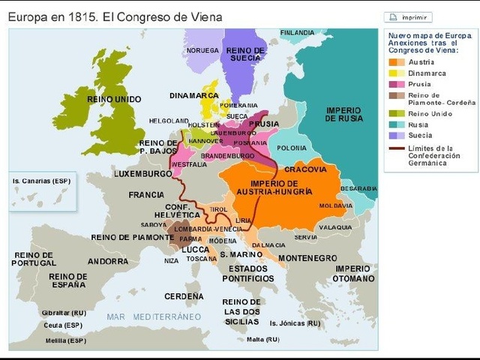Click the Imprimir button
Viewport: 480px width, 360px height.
click(x=408, y=16)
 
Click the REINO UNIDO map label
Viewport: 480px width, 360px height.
click(x=114, y=99)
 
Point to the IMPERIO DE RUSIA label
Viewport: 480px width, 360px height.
click(x=344, y=114)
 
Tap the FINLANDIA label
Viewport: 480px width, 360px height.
click(x=297, y=33)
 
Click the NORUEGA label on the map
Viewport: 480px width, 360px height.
click(x=202, y=50)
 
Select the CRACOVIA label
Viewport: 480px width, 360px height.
click(x=306, y=169)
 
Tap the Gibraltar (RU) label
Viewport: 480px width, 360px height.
click(x=64, y=312)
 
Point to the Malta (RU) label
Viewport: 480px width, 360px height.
click(x=262, y=339)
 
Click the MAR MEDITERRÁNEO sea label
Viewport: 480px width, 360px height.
click(x=154, y=316)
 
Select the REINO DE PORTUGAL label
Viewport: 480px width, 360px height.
click(x=34, y=259)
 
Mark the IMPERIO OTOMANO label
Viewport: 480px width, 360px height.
click(x=352, y=273)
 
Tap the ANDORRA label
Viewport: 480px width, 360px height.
click(x=108, y=261)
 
